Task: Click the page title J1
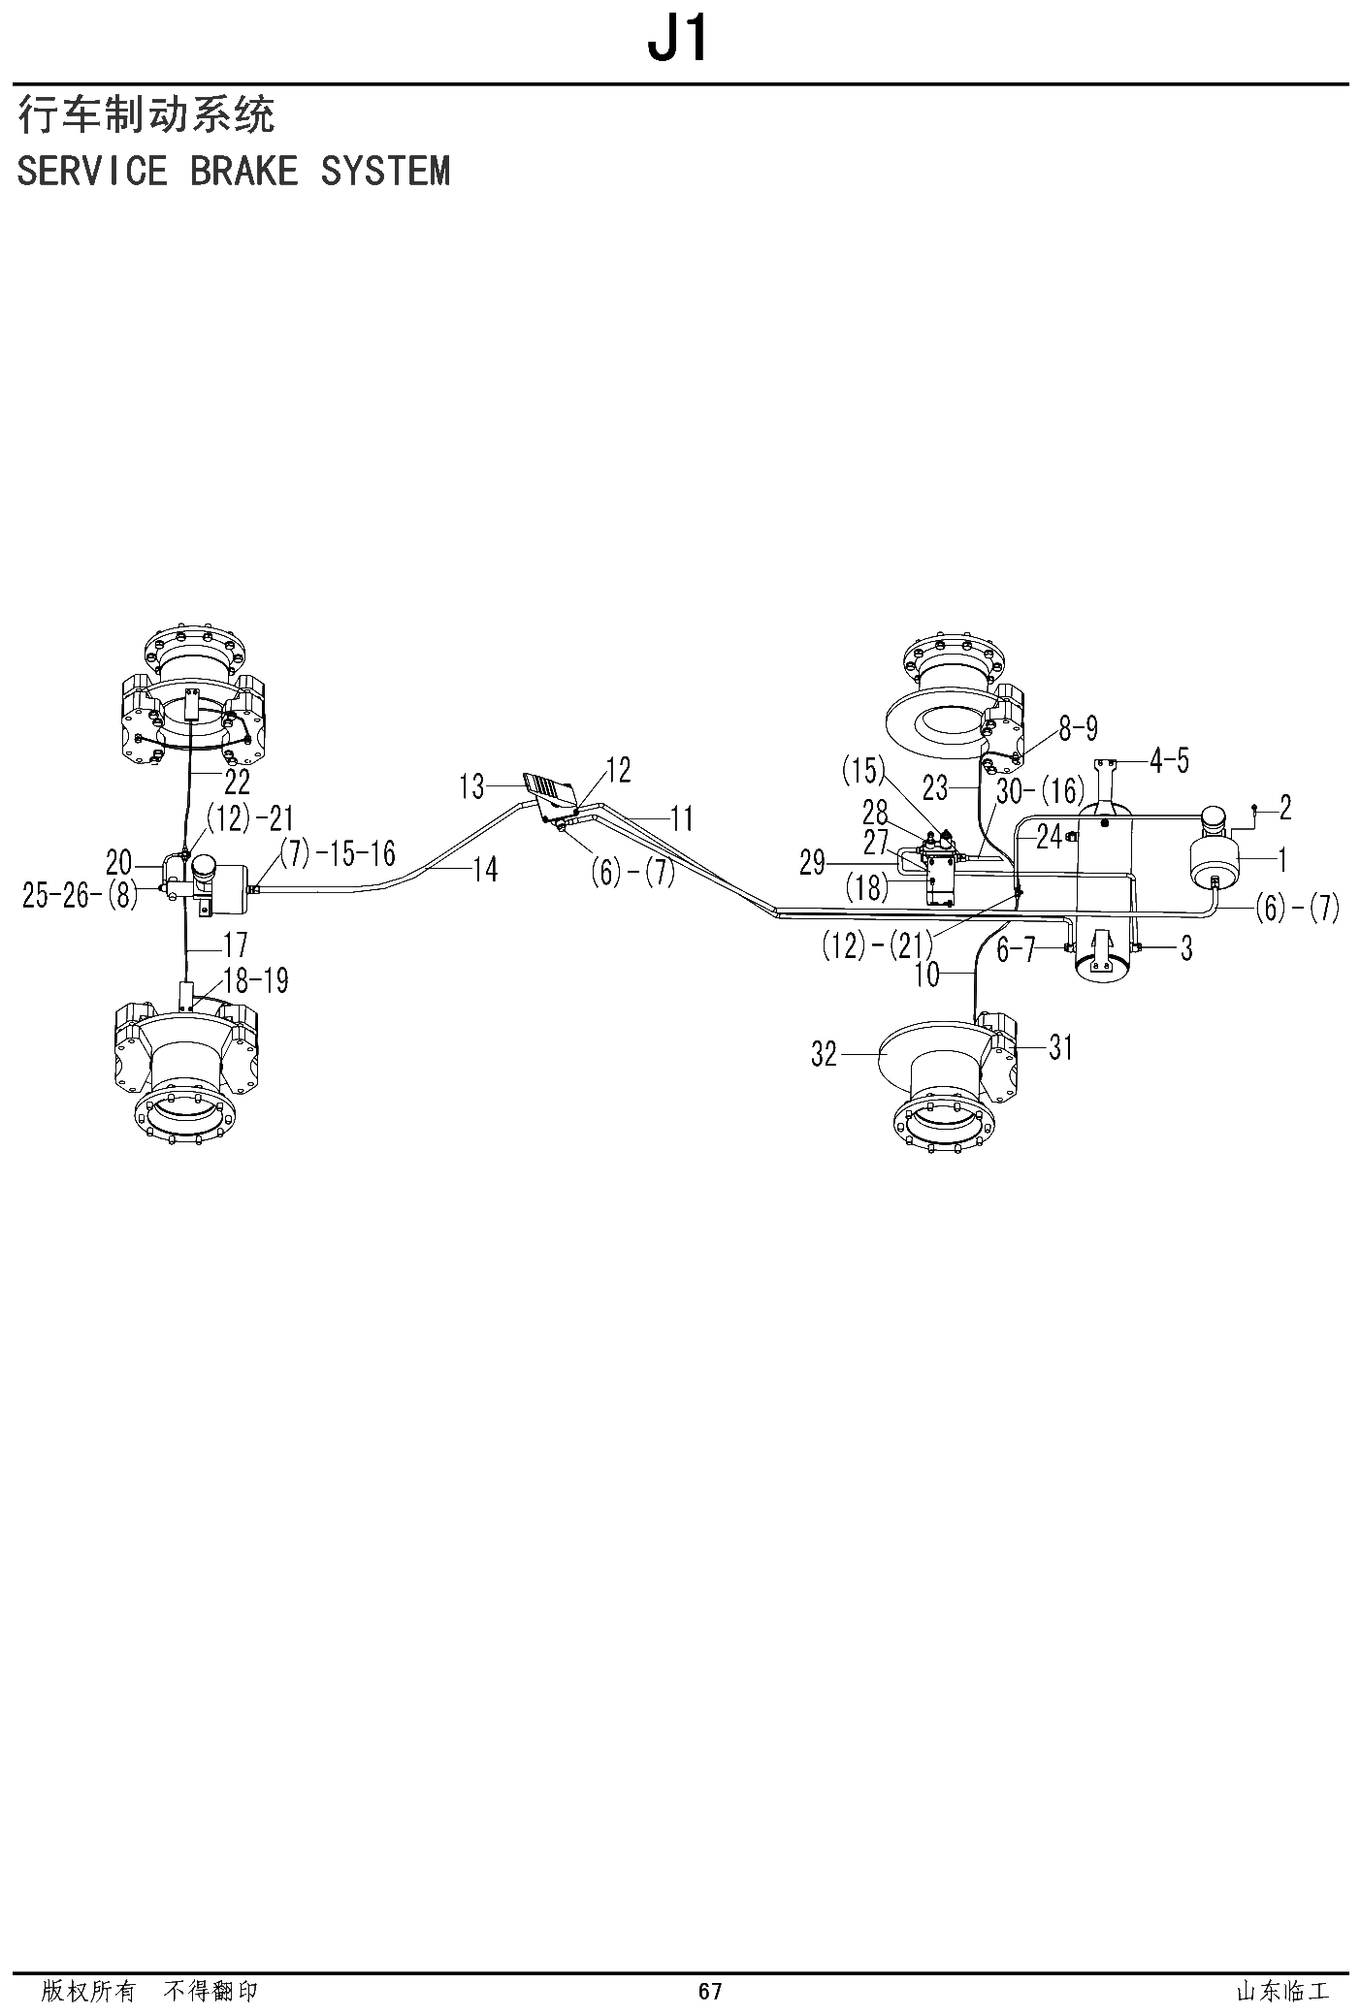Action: point(679,40)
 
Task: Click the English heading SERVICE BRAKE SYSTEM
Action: point(234,171)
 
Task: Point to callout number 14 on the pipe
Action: point(484,870)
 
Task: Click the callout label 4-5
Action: point(1169,761)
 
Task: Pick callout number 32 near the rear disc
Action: point(824,1053)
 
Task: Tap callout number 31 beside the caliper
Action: point(1061,1047)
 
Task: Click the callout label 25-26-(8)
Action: point(81,895)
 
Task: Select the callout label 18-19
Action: point(255,980)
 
